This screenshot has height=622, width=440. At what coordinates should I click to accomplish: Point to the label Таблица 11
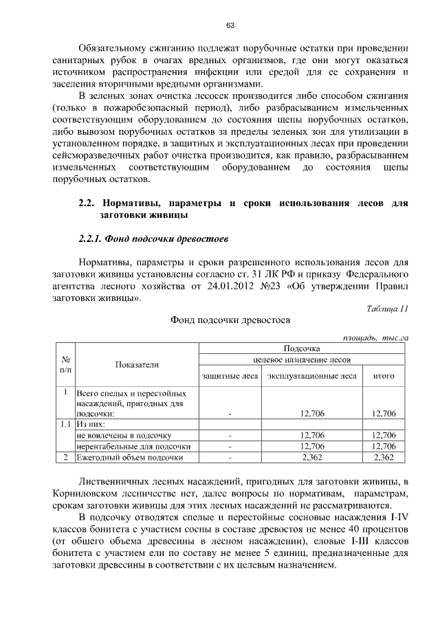[388, 309]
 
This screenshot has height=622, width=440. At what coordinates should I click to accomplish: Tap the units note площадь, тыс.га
[375, 337]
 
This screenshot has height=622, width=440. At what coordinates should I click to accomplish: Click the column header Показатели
[136, 365]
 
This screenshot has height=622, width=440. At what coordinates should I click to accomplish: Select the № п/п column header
[67, 365]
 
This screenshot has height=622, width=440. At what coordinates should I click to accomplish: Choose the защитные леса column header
[230, 376]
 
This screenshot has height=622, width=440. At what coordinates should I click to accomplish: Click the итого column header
[383, 376]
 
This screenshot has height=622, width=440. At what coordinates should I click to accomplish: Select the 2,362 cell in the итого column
[383, 457]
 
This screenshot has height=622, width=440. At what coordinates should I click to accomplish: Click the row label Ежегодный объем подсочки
[130, 457]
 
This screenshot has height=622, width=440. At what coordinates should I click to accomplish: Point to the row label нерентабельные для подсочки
[133, 446]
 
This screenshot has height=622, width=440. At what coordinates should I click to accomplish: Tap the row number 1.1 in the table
[65, 425]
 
